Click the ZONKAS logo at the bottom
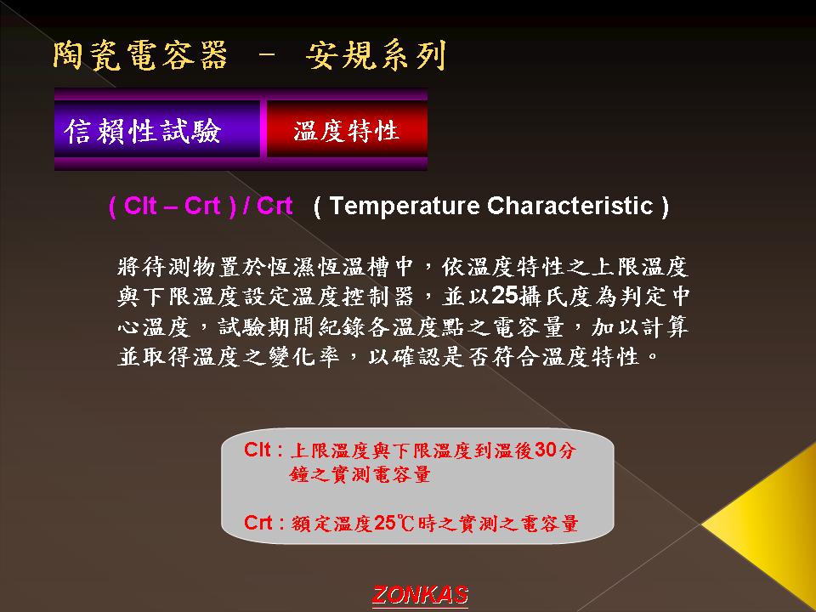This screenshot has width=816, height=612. pos(420,595)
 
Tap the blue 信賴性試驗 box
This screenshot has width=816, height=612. pos(157,129)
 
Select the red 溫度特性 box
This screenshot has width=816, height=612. pos(347,129)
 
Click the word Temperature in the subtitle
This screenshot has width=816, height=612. pos(405,206)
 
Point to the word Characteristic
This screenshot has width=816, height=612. pos(569,206)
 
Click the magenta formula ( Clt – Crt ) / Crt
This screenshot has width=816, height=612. pos(201,206)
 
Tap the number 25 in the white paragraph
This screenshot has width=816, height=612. pos(504,296)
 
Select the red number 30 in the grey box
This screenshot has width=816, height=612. pos(547,450)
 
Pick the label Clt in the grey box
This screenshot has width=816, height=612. pos(257,450)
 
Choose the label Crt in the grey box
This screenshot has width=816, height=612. pos(258,522)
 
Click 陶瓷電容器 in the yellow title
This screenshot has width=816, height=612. pos(140,55)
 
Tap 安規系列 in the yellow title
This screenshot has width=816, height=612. pos(376,55)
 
